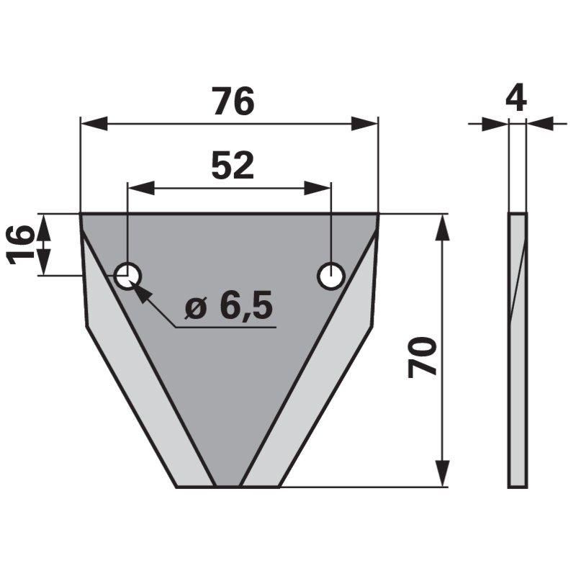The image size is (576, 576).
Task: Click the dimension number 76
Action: click(x=233, y=103)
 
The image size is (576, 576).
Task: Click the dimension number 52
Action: click(x=233, y=166)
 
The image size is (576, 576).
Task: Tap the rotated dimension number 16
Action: click(x=21, y=244)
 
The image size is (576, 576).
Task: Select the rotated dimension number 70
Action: click(x=423, y=356)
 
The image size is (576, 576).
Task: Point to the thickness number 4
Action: click(x=516, y=97)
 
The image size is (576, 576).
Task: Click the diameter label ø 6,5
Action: click(x=229, y=307)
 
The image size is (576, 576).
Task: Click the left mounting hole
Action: click(x=128, y=275)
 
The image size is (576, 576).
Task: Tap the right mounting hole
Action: click(x=331, y=275)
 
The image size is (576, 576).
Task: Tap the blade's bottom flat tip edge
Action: click(x=228, y=487)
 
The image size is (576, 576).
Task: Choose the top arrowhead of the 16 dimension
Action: click(x=45, y=224)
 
